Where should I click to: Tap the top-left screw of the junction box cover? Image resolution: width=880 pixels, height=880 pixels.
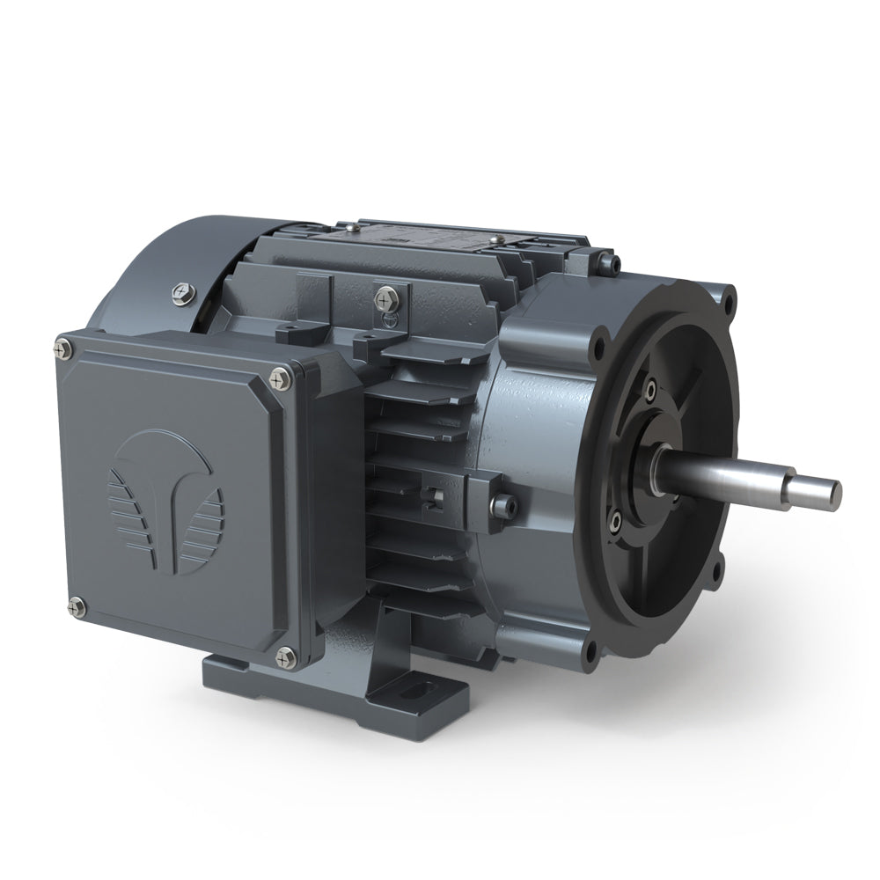(68, 350)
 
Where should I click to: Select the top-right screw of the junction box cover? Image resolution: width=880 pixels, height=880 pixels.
(280, 378)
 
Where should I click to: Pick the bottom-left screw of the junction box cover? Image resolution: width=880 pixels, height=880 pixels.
(76, 605)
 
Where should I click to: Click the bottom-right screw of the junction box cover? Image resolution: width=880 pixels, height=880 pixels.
(285, 655)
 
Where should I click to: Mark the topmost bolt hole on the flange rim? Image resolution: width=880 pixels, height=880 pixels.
(729, 302)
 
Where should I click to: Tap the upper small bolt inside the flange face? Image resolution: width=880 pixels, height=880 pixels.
(649, 388)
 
